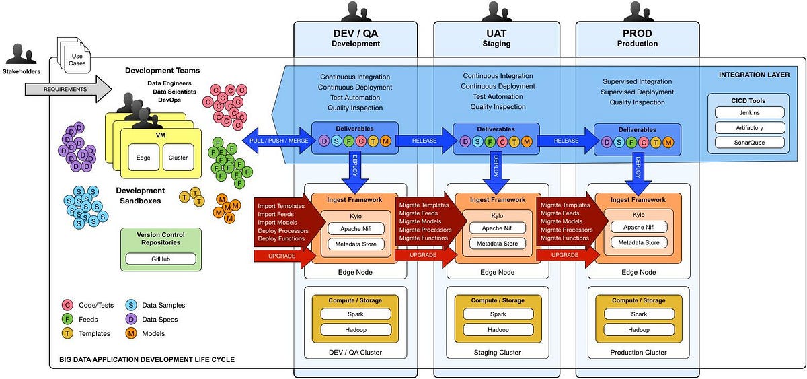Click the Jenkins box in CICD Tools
[749, 112]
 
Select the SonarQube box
[749, 142]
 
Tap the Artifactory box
[749, 127]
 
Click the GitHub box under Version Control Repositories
[161, 259]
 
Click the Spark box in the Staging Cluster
[498, 314]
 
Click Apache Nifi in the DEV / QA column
[356, 228]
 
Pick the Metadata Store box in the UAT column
[498, 243]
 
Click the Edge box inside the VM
[143, 158]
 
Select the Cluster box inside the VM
[178, 158]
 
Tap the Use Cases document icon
[76, 59]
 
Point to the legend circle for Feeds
[67, 319]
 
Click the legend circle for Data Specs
[132, 319]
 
